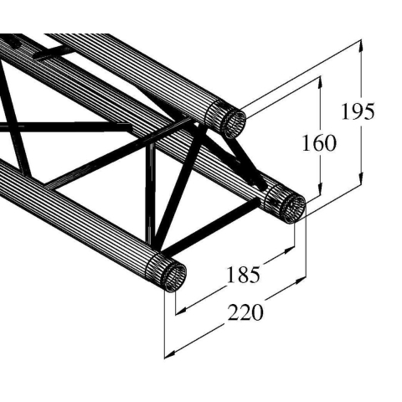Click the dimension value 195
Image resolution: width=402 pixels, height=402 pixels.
[358, 111]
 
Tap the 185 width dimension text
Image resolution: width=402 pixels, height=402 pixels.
[242, 273]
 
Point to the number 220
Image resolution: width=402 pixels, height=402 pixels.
[245, 312]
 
